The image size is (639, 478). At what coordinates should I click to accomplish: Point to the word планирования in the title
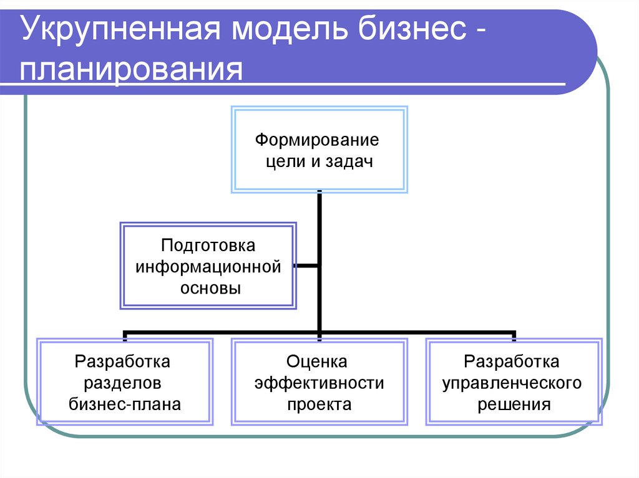pos(131,69)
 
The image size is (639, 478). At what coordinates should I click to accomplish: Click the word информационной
pos(208,267)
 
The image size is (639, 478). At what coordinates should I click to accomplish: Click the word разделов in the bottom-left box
pos(123,382)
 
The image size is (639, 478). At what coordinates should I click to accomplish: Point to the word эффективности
pos(319,382)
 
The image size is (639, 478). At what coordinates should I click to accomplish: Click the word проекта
pos(319,404)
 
